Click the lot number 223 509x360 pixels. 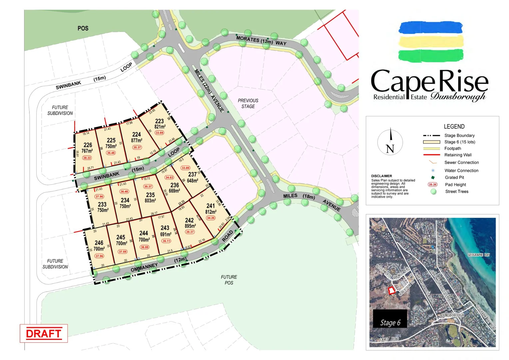[x=159, y=121]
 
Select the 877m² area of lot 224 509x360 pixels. [x=137, y=140]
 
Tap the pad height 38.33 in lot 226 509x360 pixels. [x=87, y=158]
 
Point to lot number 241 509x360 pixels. [x=210, y=206]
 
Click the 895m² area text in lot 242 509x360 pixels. [x=190, y=226]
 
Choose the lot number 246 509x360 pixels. [x=99, y=243]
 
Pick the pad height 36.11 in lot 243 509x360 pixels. [x=166, y=241]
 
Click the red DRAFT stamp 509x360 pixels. [x=44, y=333]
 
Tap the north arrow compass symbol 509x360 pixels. [x=390, y=142]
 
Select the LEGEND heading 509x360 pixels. [x=454, y=126]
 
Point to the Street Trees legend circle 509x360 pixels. [x=433, y=191]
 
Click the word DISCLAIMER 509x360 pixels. [x=381, y=176]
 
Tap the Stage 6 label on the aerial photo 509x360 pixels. [x=390, y=322]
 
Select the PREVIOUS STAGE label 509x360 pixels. [x=248, y=103]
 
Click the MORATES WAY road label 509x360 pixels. [x=261, y=41]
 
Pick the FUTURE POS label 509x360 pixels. [x=229, y=280]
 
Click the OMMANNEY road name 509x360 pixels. [x=144, y=267]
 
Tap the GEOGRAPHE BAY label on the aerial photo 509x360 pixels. [x=479, y=255]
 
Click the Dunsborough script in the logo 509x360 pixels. [x=458, y=97]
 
